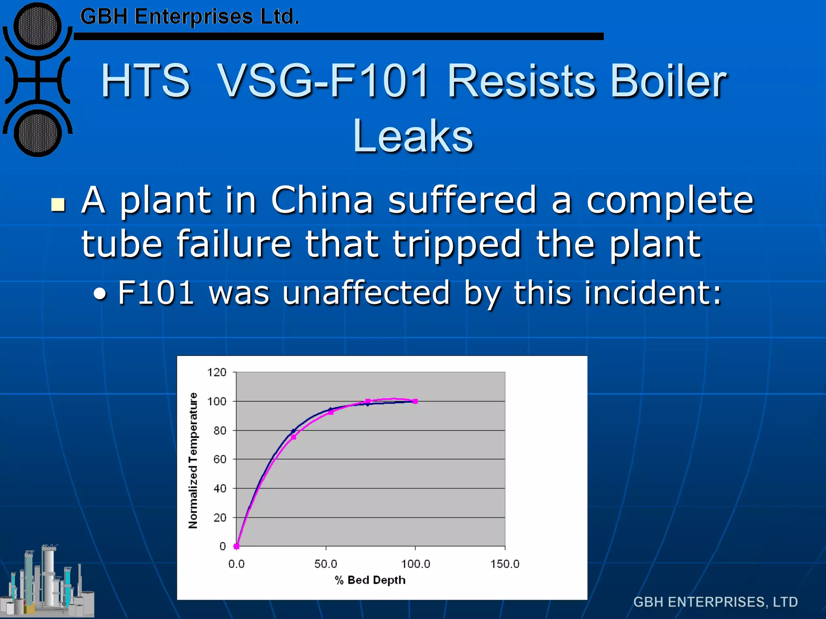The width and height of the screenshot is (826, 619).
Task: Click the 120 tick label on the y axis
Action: coord(217,372)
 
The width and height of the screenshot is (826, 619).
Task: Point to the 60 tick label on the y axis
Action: coord(220,459)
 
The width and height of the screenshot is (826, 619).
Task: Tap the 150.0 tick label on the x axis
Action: coord(505,564)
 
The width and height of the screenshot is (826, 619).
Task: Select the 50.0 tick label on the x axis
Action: coord(325,564)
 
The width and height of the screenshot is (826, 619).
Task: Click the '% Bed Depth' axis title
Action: coord(370,580)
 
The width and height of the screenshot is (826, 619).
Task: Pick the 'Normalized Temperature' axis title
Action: coord(193,460)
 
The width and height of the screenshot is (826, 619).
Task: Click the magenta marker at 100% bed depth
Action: coord(415,401)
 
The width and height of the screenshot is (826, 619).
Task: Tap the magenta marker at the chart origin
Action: coord(237,546)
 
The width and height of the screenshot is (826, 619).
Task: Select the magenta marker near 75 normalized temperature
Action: coord(294,437)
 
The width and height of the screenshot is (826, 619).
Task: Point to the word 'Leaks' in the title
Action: coord(413,136)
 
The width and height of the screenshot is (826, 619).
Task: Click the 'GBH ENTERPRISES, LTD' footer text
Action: coord(715,602)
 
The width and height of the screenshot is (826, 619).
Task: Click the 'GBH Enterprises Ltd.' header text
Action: coord(190,17)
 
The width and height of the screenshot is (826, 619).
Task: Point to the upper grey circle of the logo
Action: coord(38,27)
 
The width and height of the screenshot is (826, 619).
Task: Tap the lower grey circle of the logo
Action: coord(38,133)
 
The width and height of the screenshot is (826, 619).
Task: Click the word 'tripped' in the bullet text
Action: coord(457,244)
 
